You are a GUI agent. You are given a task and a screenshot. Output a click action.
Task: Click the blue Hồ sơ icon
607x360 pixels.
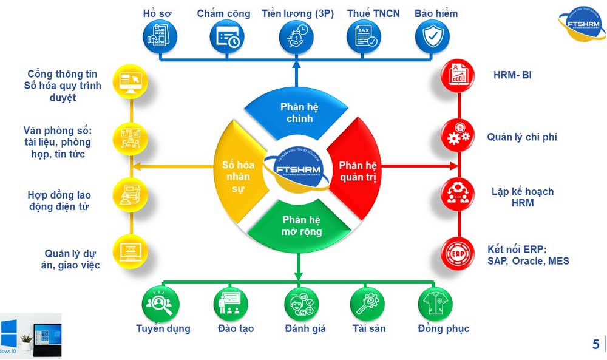click(160, 37)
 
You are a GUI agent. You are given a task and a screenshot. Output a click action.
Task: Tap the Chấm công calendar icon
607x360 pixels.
click(228, 37)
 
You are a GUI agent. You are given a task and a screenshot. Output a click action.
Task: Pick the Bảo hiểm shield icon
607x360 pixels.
click(433, 37)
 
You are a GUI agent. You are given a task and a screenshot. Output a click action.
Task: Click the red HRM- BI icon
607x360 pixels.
click(458, 77)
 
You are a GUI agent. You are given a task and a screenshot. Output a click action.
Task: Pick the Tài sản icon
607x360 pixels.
click(367, 302)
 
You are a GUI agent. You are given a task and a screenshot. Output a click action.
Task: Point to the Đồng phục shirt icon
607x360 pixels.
click(436, 302)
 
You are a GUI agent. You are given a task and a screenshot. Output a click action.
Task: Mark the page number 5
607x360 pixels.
click(595, 345)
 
